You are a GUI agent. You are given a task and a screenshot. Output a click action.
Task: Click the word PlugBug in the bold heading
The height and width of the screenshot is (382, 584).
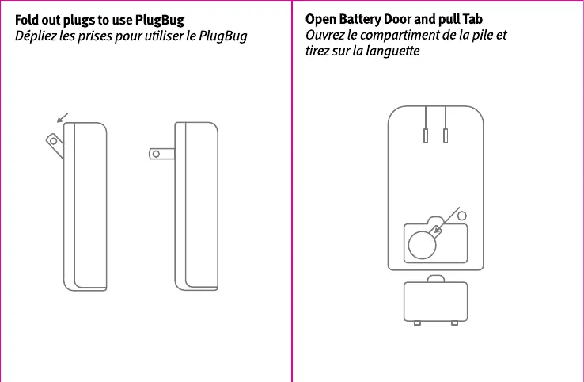pyautogui.click(x=161, y=19)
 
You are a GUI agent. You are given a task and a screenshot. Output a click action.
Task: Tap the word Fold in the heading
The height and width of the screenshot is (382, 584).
pyautogui.click(x=28, y=19)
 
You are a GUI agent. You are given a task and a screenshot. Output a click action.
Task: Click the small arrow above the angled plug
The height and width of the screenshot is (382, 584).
pyautogui.click(x=63, y=117)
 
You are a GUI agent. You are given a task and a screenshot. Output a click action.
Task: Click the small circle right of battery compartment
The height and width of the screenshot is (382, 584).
pyautogui.click(x=463, y=215)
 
